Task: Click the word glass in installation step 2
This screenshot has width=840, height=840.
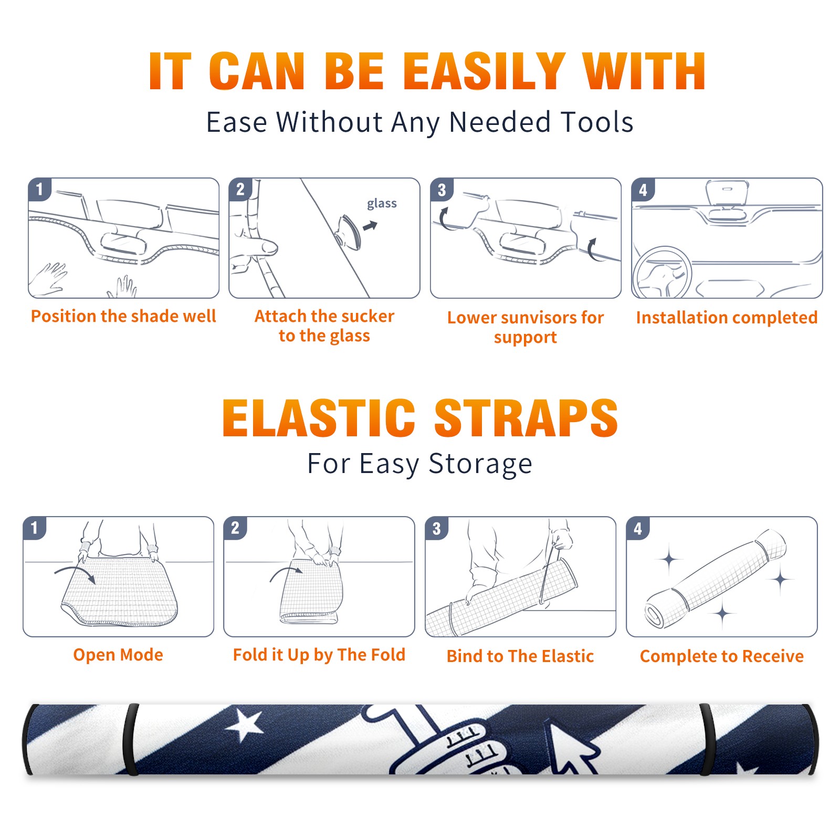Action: tap(382, 204)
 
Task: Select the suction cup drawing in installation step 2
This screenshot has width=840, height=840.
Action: tap(349, 232)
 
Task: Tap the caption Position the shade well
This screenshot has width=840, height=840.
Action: tap(123, 316)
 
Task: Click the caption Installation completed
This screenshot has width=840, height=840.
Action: tap(727, 318)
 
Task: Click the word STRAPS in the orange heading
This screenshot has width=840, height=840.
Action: tap(526, 418)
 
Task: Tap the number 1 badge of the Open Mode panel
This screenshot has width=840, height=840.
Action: tap(35, 528)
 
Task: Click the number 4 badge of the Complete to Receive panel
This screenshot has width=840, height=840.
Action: tap(638, 528)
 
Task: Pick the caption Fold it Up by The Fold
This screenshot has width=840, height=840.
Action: tap(319, 655)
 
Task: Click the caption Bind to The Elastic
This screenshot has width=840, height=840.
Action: tap(520, 656)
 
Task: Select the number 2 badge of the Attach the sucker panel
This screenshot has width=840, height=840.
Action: tap(240, 189)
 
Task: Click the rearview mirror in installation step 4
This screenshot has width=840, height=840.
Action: tap(727, 194)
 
